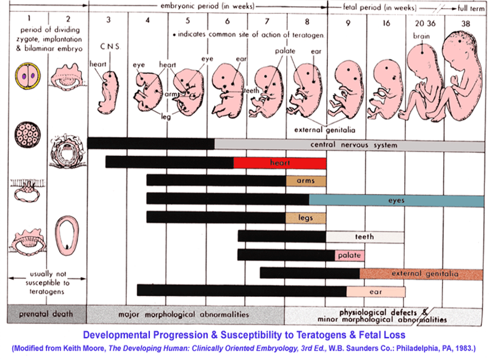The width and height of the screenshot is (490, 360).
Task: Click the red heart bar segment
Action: (280, 163)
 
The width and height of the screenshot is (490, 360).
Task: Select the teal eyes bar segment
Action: (396, 201)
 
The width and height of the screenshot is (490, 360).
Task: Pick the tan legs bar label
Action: (306, 218)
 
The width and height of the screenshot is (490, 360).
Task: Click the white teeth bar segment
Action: (364, 237)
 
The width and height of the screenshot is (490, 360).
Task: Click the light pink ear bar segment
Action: (376, 292)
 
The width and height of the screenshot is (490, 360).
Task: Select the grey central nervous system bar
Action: (349, 144)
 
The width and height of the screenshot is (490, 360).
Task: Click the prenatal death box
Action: (46, 314)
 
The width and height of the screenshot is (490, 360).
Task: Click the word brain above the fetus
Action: (421, 35)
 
